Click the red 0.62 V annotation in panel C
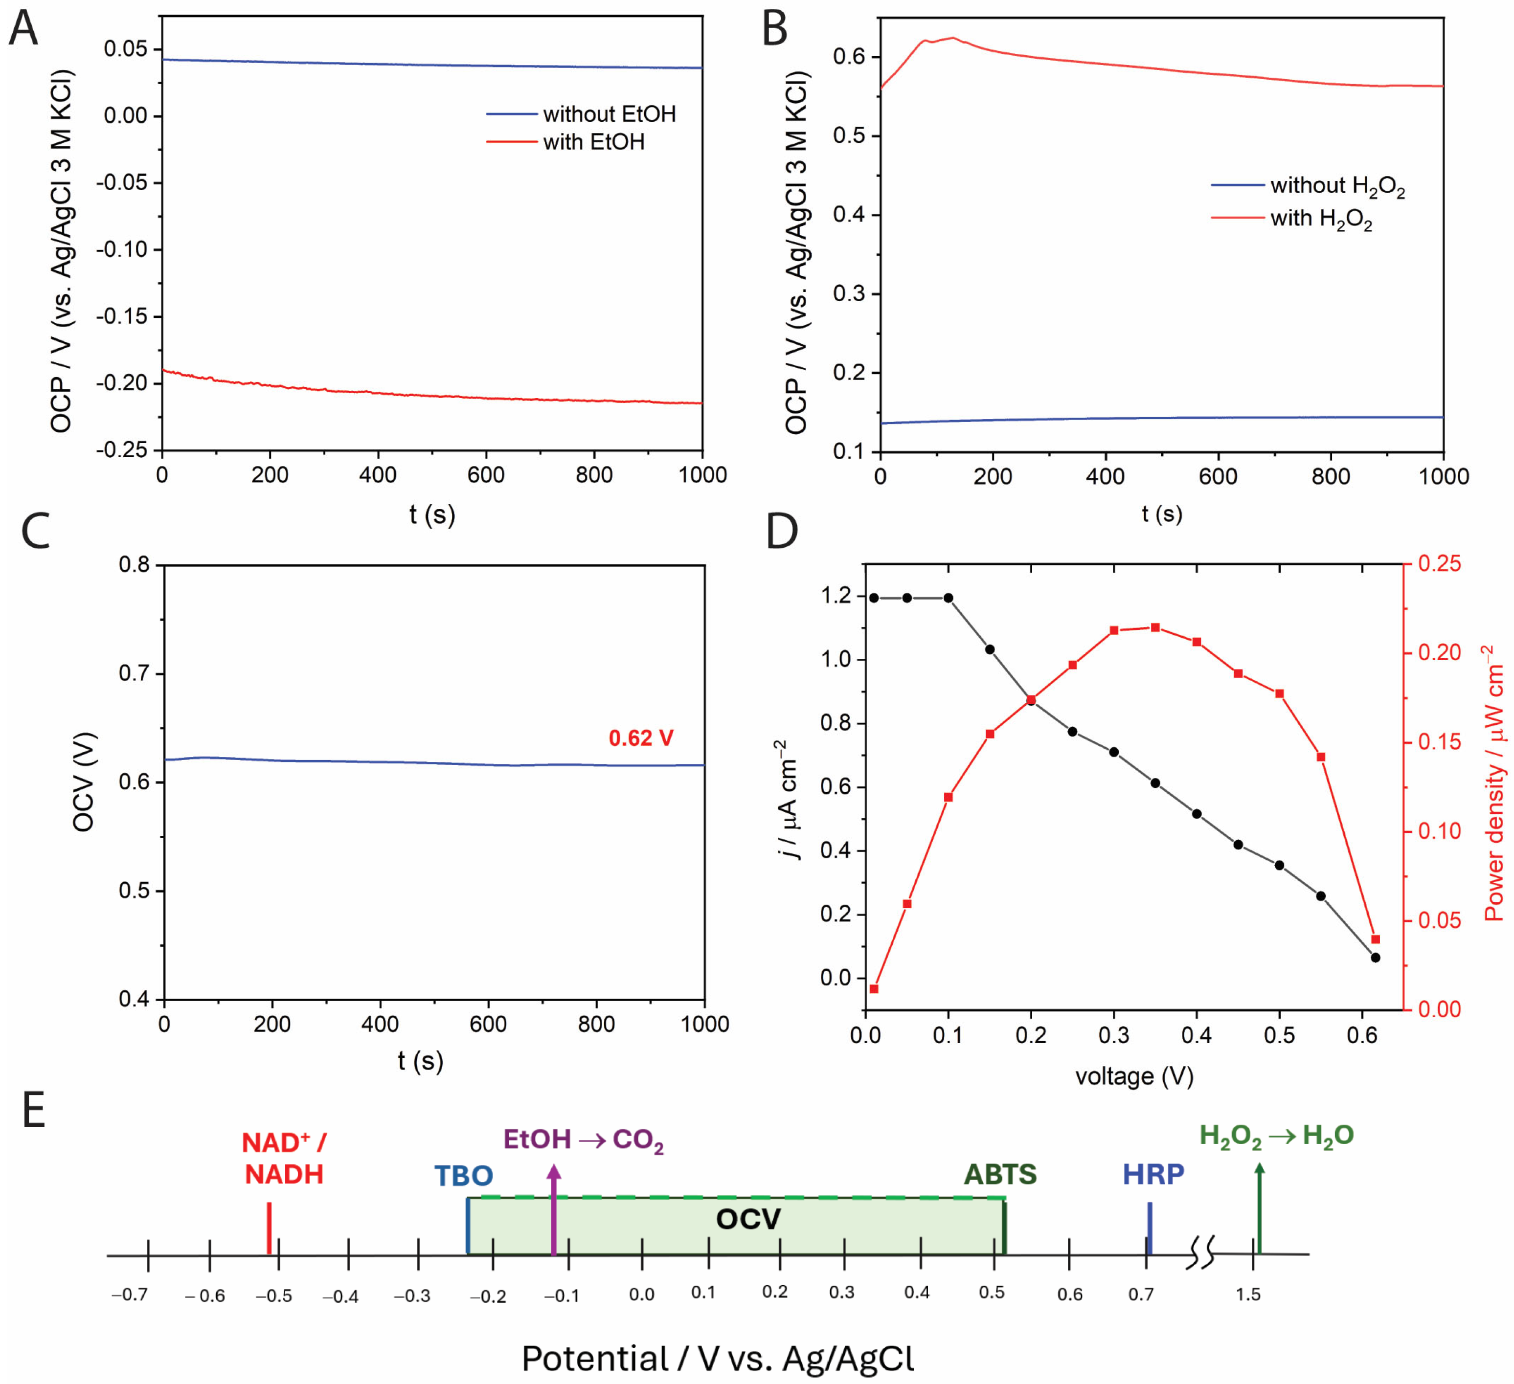(641, 738)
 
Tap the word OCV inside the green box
(748, 1219)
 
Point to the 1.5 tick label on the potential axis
(1248, 1295)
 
